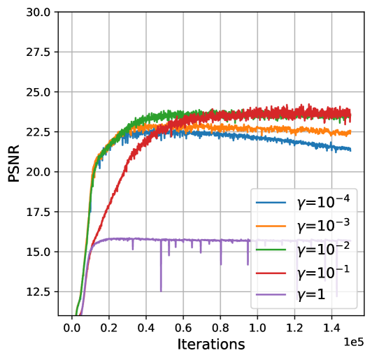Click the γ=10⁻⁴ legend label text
[x=322, y=203]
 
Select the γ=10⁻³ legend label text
[x=322, y=226]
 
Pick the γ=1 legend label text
[x=311, y=295]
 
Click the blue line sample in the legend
[x=270, y=203]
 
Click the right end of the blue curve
[x=351, y=150]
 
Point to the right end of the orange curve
[x=351, y=131]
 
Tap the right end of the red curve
[x=351, y=113]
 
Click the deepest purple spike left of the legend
[x=161, y=289]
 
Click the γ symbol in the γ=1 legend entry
[x=302, y=296]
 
